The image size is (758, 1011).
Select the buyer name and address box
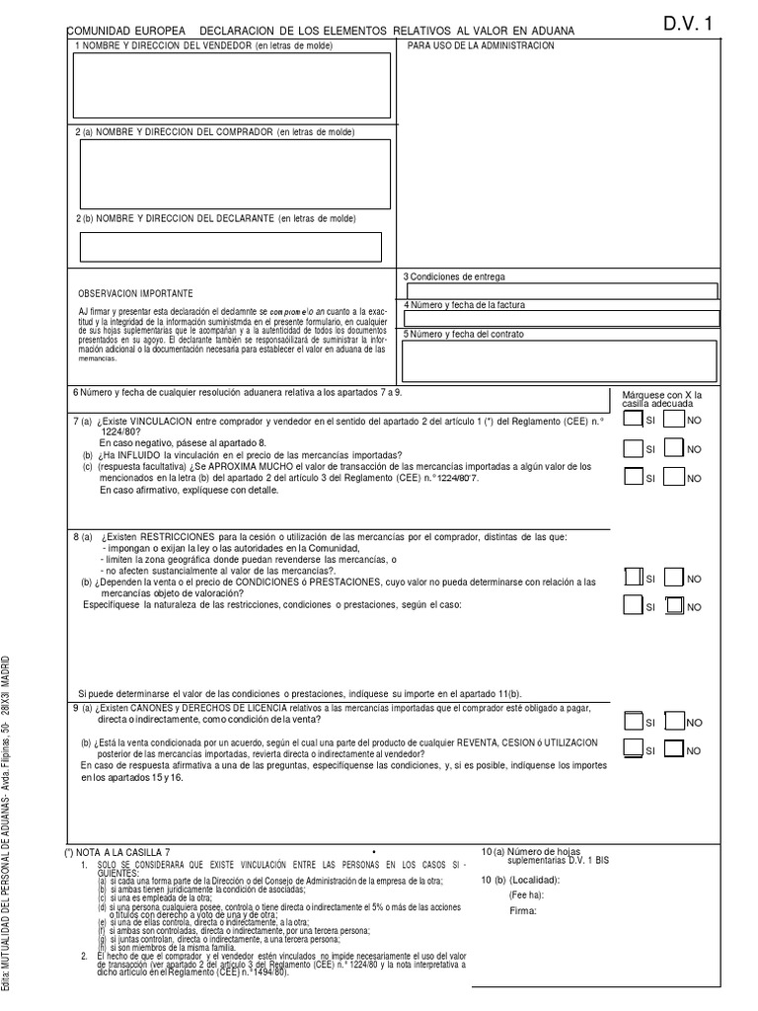[235, 174]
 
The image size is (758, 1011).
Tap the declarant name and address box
[231, 246]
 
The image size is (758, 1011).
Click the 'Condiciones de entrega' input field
[562, 291]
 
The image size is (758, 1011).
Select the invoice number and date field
[562, 318]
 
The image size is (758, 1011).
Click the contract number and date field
[562, 359]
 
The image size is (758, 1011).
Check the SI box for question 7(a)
[633, 421]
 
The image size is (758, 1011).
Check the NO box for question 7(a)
[675, 421]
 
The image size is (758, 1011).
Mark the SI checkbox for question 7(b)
[633, 449]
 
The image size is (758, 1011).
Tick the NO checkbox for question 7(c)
[675, 478]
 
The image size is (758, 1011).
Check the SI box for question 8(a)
[633, 578]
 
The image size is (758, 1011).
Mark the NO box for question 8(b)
[675, 606]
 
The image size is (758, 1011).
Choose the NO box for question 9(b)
[675, 750]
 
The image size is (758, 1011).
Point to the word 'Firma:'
[522, 911]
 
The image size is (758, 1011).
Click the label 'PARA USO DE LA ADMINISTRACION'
[481, 46]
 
